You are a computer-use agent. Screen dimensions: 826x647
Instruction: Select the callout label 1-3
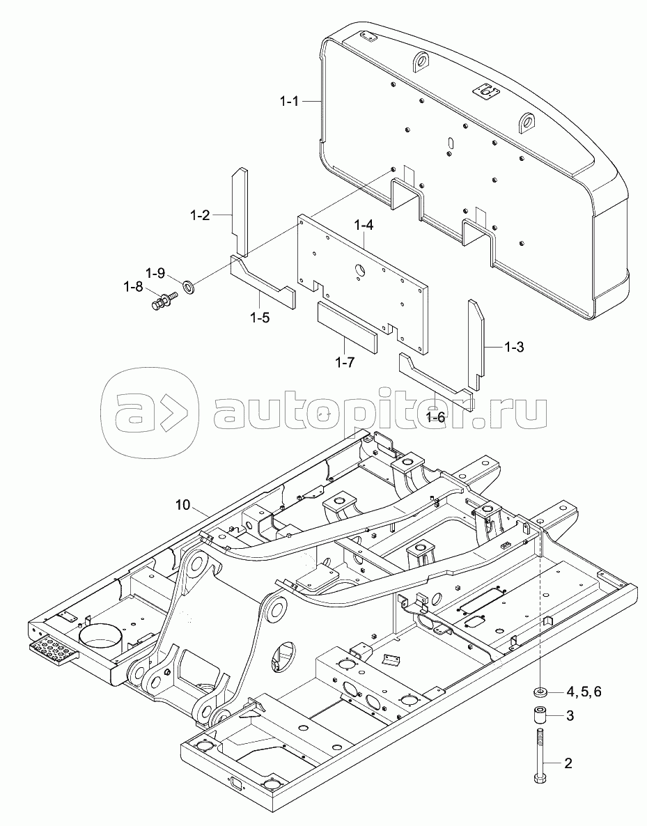[x=513, y=347]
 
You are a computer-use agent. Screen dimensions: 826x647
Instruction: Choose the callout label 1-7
[x=345, y=362]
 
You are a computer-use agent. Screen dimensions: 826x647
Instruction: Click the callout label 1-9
[x=155, y=272]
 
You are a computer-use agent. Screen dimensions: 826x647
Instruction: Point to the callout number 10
[x=182, y=504]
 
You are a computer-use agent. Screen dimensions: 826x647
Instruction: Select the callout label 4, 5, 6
[x=584, y=692]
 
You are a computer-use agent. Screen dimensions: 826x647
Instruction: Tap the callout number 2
[x=568, y=763]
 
